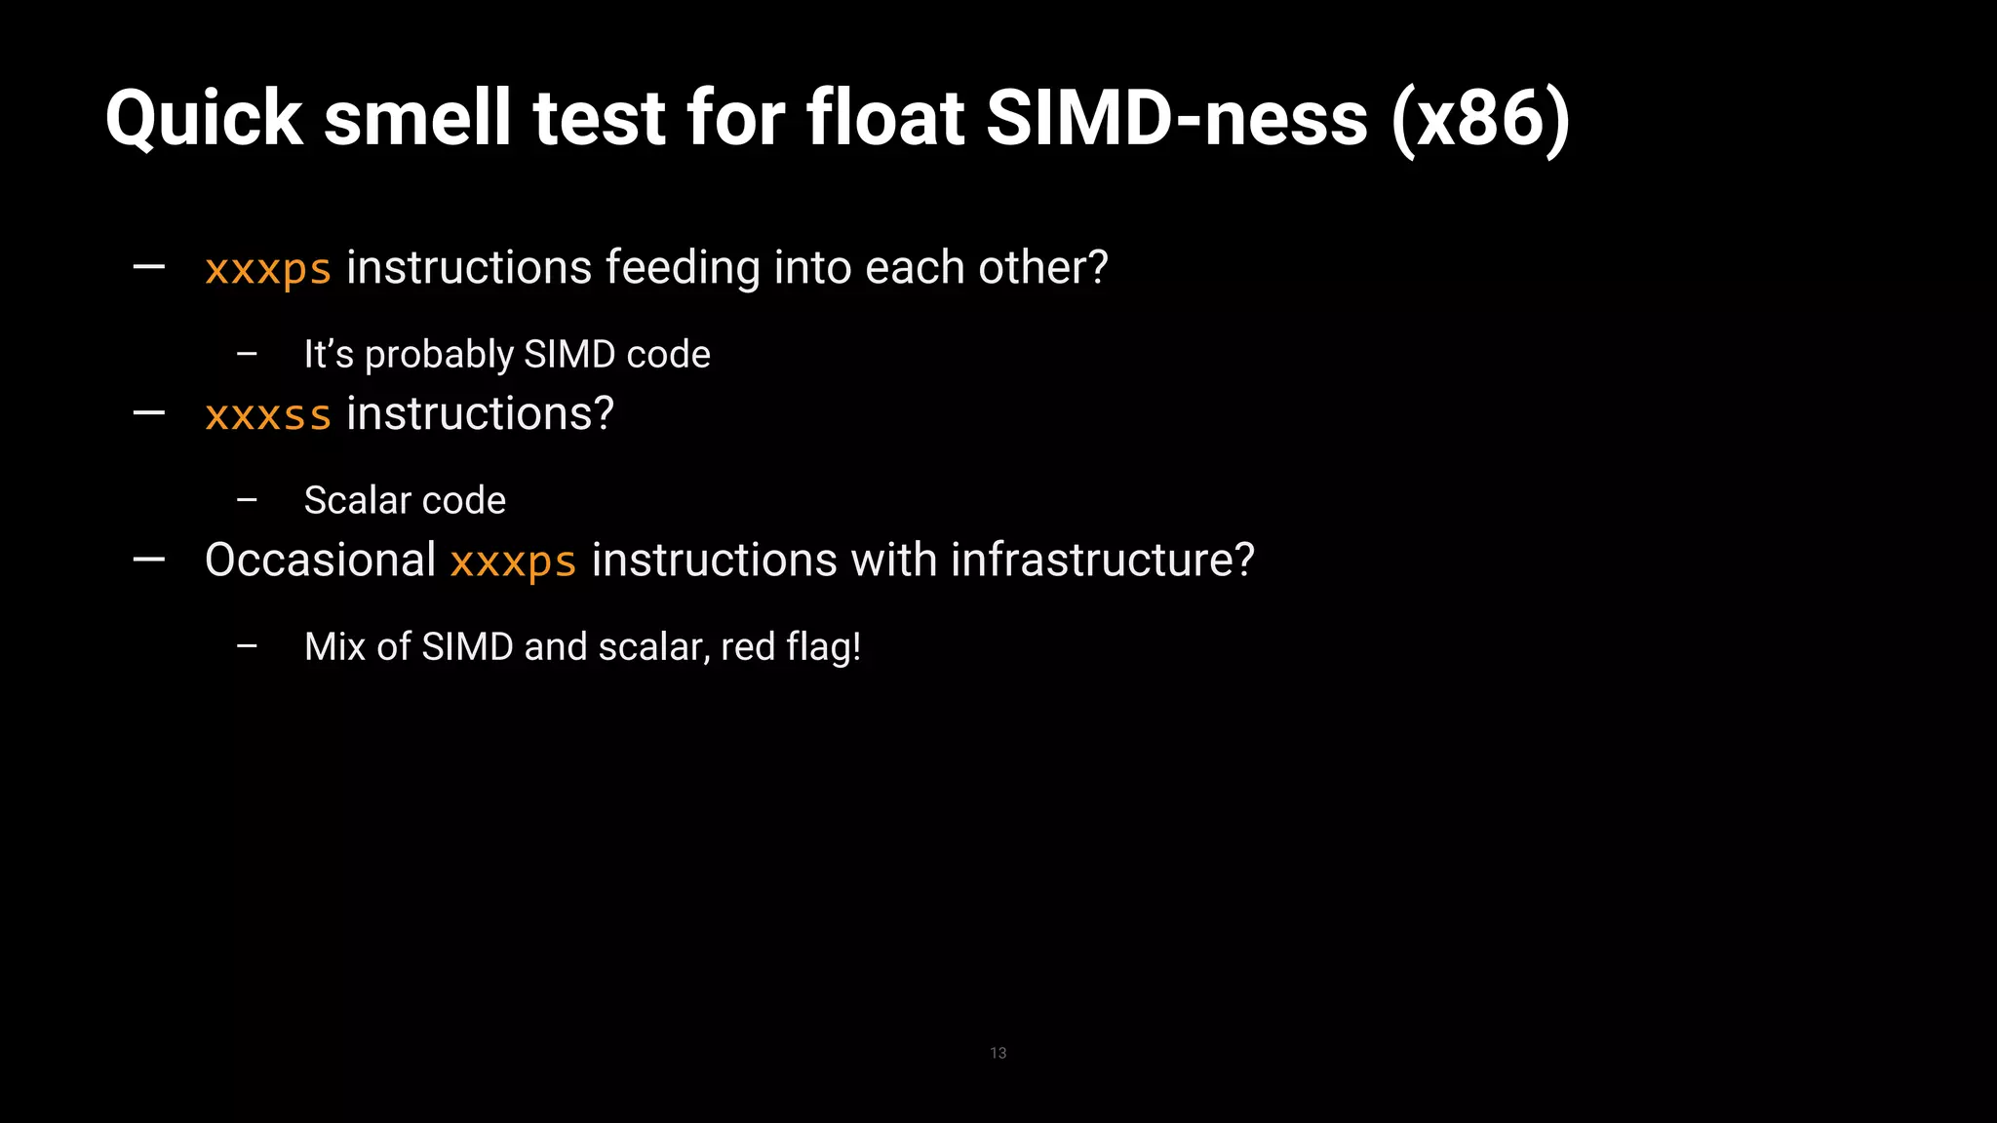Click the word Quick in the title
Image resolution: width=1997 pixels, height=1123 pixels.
tap(204, 119)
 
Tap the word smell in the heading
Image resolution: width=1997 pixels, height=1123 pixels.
tap(416, 119)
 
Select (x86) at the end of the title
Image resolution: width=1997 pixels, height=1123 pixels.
tap(1480, 119)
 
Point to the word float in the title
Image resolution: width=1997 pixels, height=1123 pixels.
tap(884, 119)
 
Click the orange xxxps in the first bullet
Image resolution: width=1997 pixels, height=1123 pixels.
tap(268, 269)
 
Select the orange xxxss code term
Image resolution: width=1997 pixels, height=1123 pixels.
tap(268, 415)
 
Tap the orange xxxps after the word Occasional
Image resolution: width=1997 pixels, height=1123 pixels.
tap(513, 561)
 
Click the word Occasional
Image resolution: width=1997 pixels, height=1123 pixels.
tap(320, 561)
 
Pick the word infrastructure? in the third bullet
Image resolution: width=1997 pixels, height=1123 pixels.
tap(1103, 561)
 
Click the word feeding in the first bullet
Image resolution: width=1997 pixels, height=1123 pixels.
tap(682, 268)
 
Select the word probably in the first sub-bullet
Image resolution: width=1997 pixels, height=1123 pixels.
tap(439, 355)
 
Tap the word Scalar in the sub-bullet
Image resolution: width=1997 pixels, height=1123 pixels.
tap(357, 500)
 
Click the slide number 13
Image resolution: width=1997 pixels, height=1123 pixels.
tap(998, 1053)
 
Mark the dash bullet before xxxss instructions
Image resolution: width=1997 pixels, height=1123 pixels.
tap(148, 413)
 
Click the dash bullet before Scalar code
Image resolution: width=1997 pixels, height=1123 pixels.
tap(247, 500)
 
